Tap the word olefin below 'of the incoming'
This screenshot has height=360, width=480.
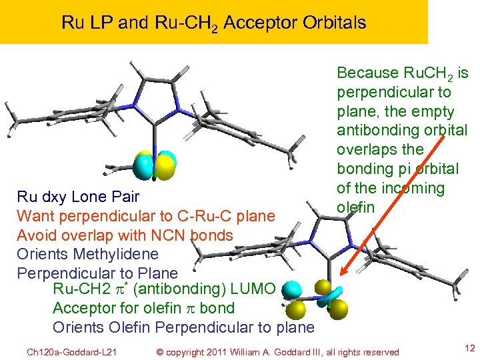pyautogui.click(x=355, y=207)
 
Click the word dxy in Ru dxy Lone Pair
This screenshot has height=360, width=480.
pyautogui.click(x=55, y=197)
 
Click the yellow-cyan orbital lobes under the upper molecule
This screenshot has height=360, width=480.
pyautogui.click(x=155, y=167)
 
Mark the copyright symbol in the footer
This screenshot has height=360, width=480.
pyautogui.click(x=159, y=352)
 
